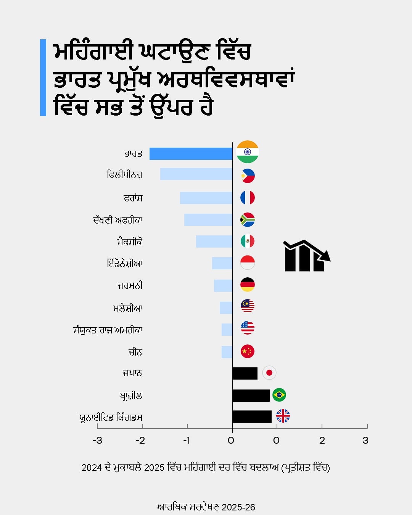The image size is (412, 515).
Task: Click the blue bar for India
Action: click(x=191, y=153)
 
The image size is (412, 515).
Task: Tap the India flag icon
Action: click(x=248, y=152)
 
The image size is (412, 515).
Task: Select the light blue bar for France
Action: click(x=206, y=198)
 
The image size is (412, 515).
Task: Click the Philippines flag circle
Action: click(x=248, y=176)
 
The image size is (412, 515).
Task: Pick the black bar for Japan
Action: click(x=245, y=373)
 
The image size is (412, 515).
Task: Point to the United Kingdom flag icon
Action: click(x=283, y=416)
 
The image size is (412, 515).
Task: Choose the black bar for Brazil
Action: click(x=251, y=396)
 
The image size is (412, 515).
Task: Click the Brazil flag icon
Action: click(x=279, y=395)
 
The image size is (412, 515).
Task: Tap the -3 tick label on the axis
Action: click(x=97, y=441)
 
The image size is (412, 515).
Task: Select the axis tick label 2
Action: click(x=322, y=441)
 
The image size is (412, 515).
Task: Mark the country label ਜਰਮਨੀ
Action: click(x=130, y=285)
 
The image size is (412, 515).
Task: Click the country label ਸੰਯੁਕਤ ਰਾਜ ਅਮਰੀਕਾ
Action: click(x=108, y=330)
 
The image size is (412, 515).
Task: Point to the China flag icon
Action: click(x=248, y=351)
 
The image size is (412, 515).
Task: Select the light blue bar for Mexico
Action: click(x=214, y=241)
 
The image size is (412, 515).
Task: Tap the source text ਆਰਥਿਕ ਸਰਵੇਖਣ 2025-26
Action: click(x=206, y=507)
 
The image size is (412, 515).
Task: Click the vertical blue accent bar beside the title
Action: click(x=43, y=77)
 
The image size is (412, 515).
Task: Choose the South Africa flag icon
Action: click(x=248, y=220)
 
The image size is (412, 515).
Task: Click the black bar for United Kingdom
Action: click(x=252, y=417)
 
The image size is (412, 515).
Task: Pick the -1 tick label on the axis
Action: click(x=187, y=441)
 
